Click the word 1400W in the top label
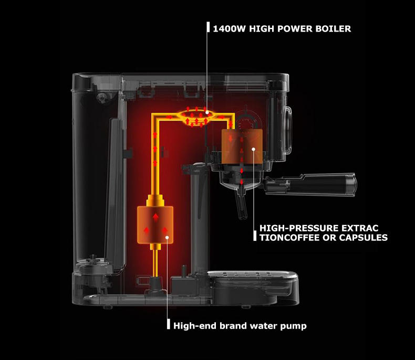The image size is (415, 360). click(x=227, y=28)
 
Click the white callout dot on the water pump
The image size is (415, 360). click(x=167, y=237)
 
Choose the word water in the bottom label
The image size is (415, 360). click(x=264, y=326)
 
